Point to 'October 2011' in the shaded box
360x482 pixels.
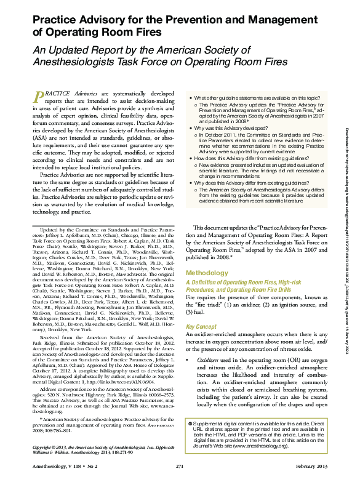(x=217, y=134)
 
